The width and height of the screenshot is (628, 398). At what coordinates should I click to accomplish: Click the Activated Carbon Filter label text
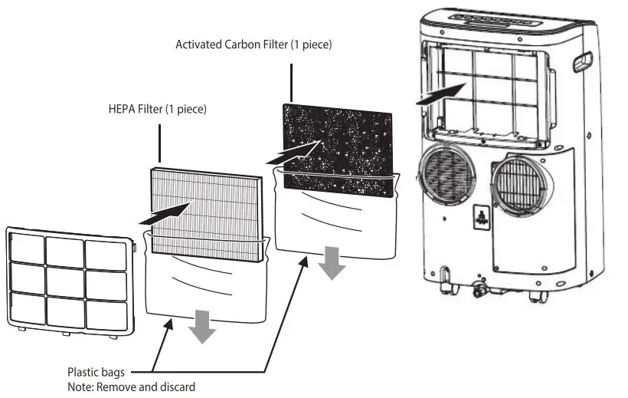click(x=253, y=44)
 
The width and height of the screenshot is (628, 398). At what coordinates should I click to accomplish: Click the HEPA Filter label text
click(x=157, y=110)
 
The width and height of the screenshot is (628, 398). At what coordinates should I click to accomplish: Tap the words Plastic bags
click(x=96, y=373)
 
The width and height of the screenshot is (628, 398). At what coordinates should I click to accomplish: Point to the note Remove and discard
click(x=130, y=386)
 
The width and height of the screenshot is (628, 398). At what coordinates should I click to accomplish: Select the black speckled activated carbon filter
click(x=337, y=146)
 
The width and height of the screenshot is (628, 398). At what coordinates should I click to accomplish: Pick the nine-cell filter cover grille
click(x=70, y=279)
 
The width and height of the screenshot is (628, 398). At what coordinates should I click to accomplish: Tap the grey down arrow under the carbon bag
click(x=332, y=263)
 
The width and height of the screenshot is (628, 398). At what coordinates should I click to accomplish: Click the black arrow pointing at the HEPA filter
click(x=165, y=212)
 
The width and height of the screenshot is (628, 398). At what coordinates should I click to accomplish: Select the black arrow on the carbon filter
click(x=294, y=152)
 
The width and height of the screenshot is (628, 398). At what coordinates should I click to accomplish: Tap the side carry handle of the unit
click(x=583, y=61)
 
